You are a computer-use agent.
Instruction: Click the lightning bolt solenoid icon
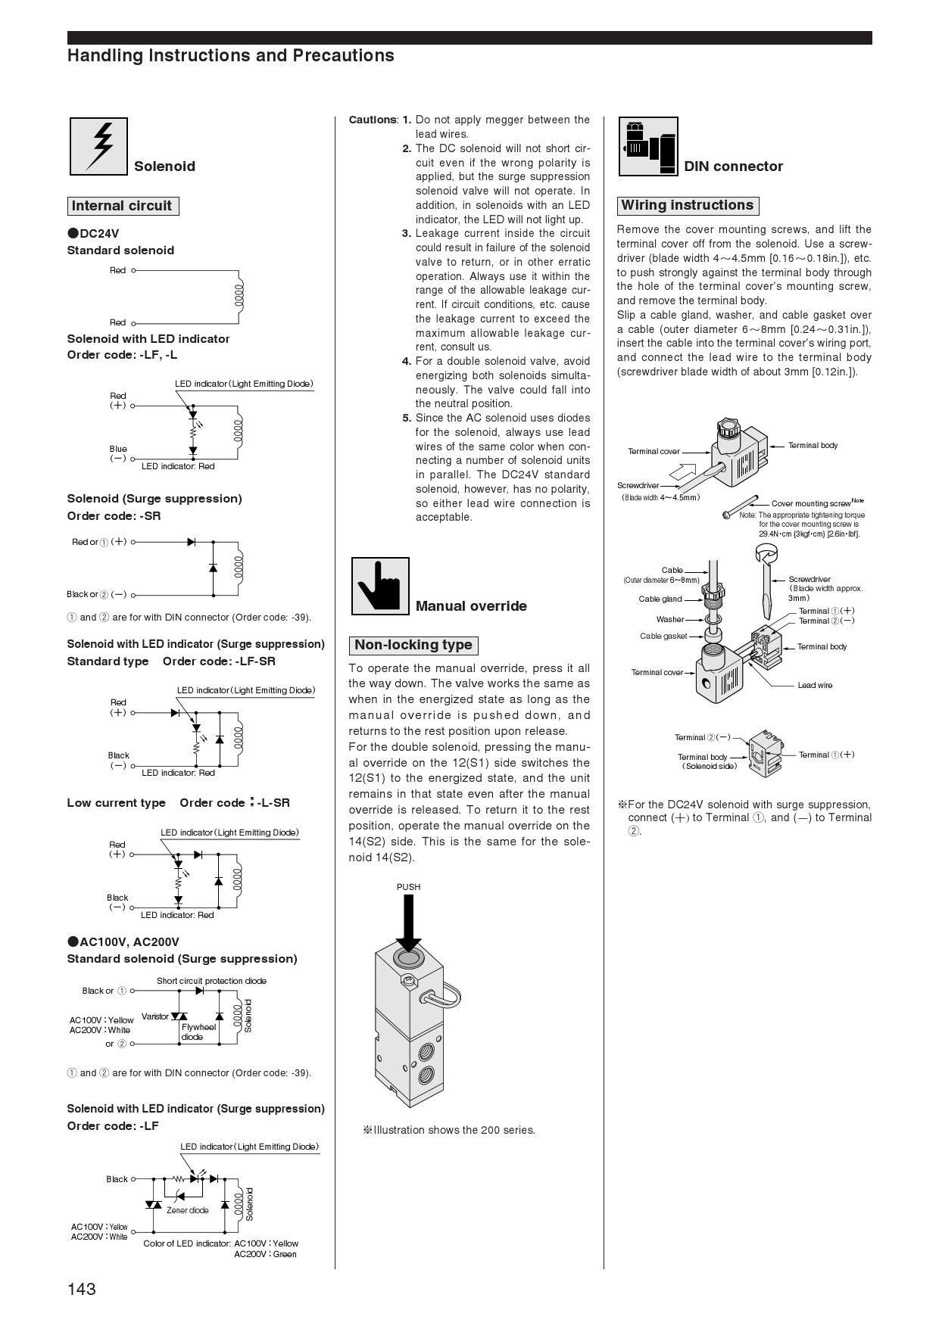tap(98, 146)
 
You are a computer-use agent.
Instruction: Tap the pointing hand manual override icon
tap(380, 587)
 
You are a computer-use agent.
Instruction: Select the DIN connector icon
tap(648, 146)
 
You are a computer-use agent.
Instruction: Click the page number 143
tap(82, 1289)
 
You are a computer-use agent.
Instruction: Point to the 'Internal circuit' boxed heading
tap(122, 206)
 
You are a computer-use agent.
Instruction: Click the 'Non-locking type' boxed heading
tap(413, 646)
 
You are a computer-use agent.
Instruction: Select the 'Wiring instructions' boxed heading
tap(687, 205)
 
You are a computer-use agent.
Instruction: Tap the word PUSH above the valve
tap(408, 887)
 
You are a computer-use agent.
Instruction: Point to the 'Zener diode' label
tap(187, 1210)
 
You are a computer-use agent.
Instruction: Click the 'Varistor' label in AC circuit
tap(155, 1016)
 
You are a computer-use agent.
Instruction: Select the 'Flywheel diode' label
tap(198, 1032)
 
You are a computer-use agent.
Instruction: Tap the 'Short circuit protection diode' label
tap(211, 981)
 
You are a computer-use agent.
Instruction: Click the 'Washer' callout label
tap(670, 619)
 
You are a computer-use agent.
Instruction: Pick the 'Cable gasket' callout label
tap(663, 636)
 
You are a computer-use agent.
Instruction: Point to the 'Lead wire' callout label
tap(815, 685)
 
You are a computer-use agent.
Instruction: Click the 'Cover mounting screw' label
tap(811, 503)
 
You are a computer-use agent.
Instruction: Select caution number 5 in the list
tap(407, 418)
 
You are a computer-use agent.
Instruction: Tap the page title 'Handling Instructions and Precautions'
tap(231, 55)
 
